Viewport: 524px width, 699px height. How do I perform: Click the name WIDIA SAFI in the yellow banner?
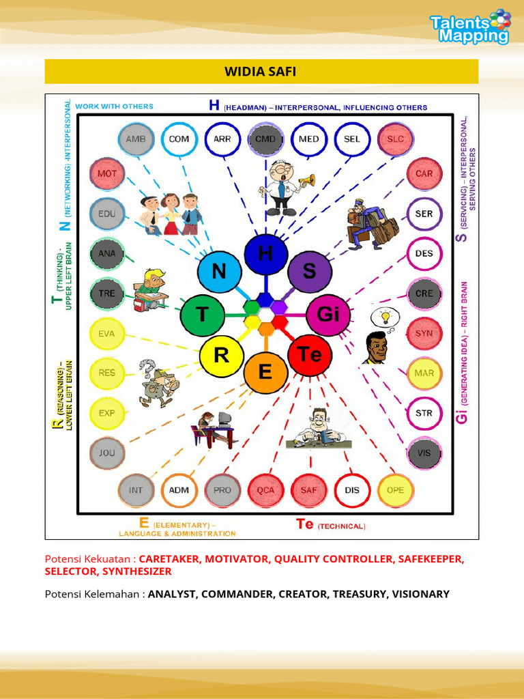click(x=261, y=71)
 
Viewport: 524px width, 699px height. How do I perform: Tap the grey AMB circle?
click(x=136, y=139)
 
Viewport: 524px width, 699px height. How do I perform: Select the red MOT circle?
click(x=106, y=173)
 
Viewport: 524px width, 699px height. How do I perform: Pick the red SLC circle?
click(x=395, y=139)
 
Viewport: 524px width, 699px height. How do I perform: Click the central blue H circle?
click(x=265, y=255)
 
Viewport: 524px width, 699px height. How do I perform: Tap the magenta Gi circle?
click(x=327, y=315)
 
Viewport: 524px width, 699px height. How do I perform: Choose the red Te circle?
click(x=309, y=355)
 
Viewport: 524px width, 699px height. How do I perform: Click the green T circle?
click(x=203, y=315)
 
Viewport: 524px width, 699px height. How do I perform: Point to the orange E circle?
click(x=265, y=373)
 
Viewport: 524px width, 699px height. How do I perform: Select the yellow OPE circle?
click(x=395, y=490)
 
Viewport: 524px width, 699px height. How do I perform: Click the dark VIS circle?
click(x=424, y=452)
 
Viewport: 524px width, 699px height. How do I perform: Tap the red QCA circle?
click(x=265, y=490)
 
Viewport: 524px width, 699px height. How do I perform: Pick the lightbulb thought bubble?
click(x=385, y=317)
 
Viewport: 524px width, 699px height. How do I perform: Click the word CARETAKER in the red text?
click(x=169, y=558)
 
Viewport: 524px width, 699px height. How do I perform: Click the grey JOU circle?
click(x=106, y=452)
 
